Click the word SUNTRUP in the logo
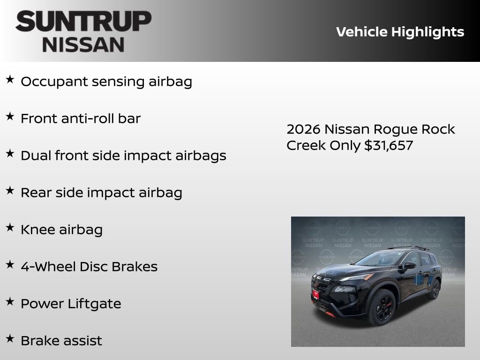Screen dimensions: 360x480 click(x=83, y=21)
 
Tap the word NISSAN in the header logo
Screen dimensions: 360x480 click(x=83, y=44)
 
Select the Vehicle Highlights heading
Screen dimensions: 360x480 click(x=400, y=32)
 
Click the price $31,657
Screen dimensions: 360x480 click(x=389, y=145)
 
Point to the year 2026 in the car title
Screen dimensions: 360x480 click(x=303, y=129)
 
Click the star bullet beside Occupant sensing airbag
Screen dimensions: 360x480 click(x=10, y=80)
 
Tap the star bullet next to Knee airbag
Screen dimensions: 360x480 click(x=10, y=228)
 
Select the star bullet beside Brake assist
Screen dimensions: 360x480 click(x=10, y=339)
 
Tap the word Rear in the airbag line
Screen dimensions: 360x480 click(x=36, y=193)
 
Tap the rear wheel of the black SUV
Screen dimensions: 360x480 click(x=435, y=289)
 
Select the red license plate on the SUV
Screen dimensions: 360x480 click(x=315, y=294)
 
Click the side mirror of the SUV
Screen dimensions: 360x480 click(x=410, y=265)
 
